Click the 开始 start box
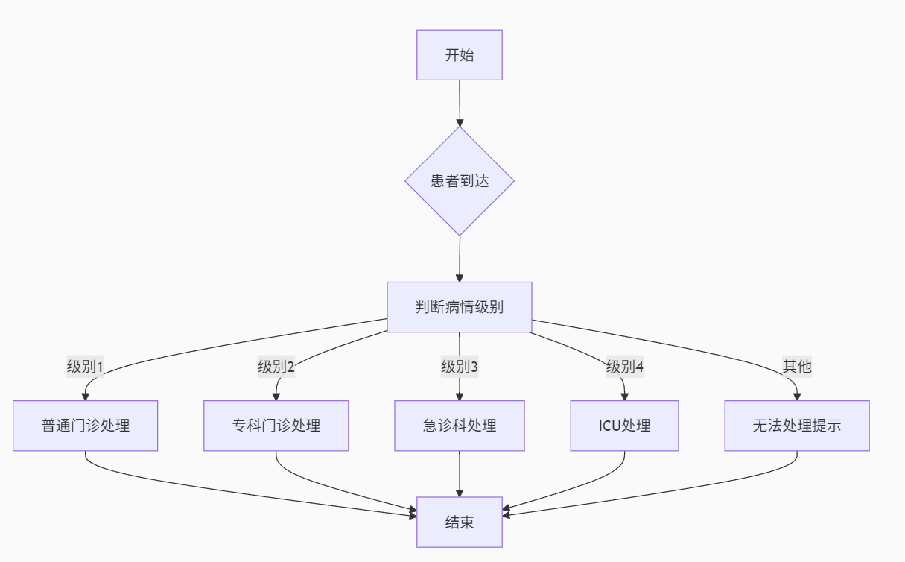(459, 55)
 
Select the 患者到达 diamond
(459, 181)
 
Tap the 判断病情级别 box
(459, 307)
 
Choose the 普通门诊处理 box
(85, 426)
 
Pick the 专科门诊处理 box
(276, 426)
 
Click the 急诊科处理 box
(459, 426)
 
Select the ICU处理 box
(624, 426)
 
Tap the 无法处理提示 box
(796, 426)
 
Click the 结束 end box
(459, 522)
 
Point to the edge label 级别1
(85, 367)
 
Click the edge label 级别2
(276, 367)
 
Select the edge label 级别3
(459, 367)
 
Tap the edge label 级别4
(624, 367)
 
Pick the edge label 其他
(796, 367)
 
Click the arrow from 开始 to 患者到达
(460, 102)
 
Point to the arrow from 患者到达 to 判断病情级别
(460, 258)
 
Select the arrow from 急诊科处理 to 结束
(460, 473)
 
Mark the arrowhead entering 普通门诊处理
(86, 396)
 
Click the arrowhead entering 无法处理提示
(796, 396)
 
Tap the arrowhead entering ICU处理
(624, 396)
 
